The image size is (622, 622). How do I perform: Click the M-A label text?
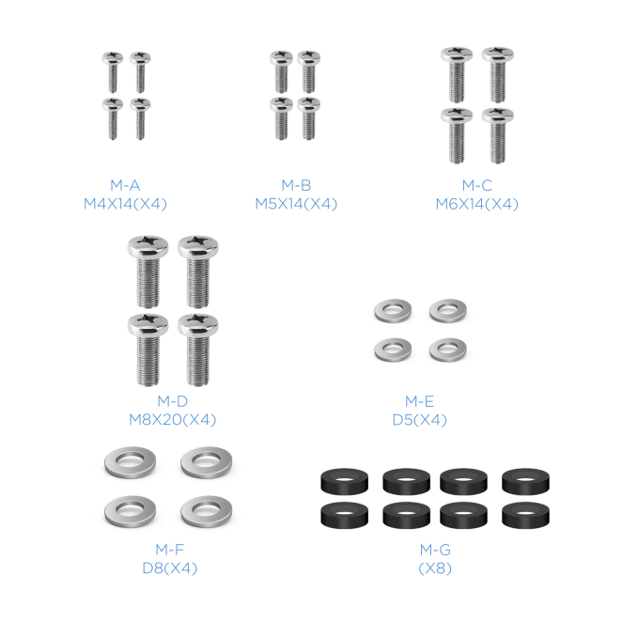[x=125, y=185]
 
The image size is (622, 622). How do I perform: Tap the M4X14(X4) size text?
[x=125, y=204]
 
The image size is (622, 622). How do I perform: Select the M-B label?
[x=296, y=185]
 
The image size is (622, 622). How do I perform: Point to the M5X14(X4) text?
[x=296, y=204]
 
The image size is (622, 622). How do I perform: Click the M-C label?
[x=476, y=185]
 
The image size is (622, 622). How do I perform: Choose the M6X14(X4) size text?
[x=476, y=204]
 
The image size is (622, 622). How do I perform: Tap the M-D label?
[x=172, y=401]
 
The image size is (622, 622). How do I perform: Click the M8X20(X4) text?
[x=172, y=419]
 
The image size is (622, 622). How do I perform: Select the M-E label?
[x=419, y=401]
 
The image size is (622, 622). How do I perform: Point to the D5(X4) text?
[x=419, y=420]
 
